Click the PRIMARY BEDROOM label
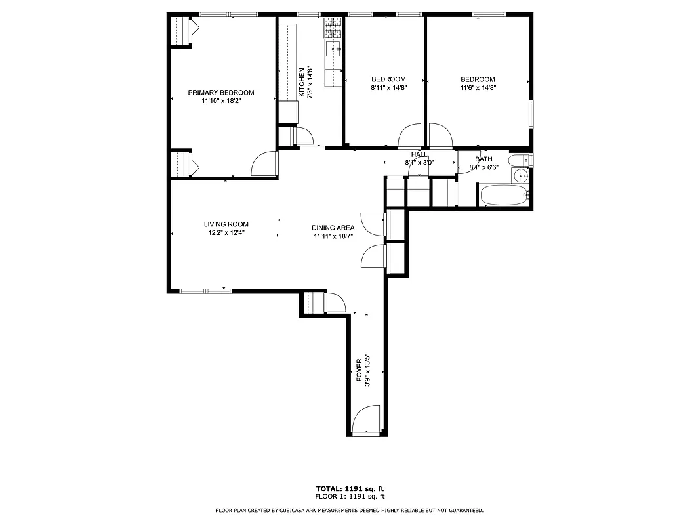[x=221, y=93]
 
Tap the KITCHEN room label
[x=302, y=82]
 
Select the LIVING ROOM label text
[x=226, y=224]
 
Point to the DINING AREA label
[x=333, y=228]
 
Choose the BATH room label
[x=484, y=159]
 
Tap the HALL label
[x=419, y=154]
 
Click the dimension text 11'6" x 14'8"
[x=478, y=88]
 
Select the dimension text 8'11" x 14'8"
[x=388, y=88]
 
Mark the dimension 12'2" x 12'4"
[x=226, y=233]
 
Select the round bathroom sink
[x=521, y=175]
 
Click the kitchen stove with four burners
[x=333, y=28]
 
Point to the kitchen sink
[x=334, y=49]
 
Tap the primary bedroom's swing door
[x=264, y=164]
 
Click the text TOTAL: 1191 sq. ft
[x=350, y=489]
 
